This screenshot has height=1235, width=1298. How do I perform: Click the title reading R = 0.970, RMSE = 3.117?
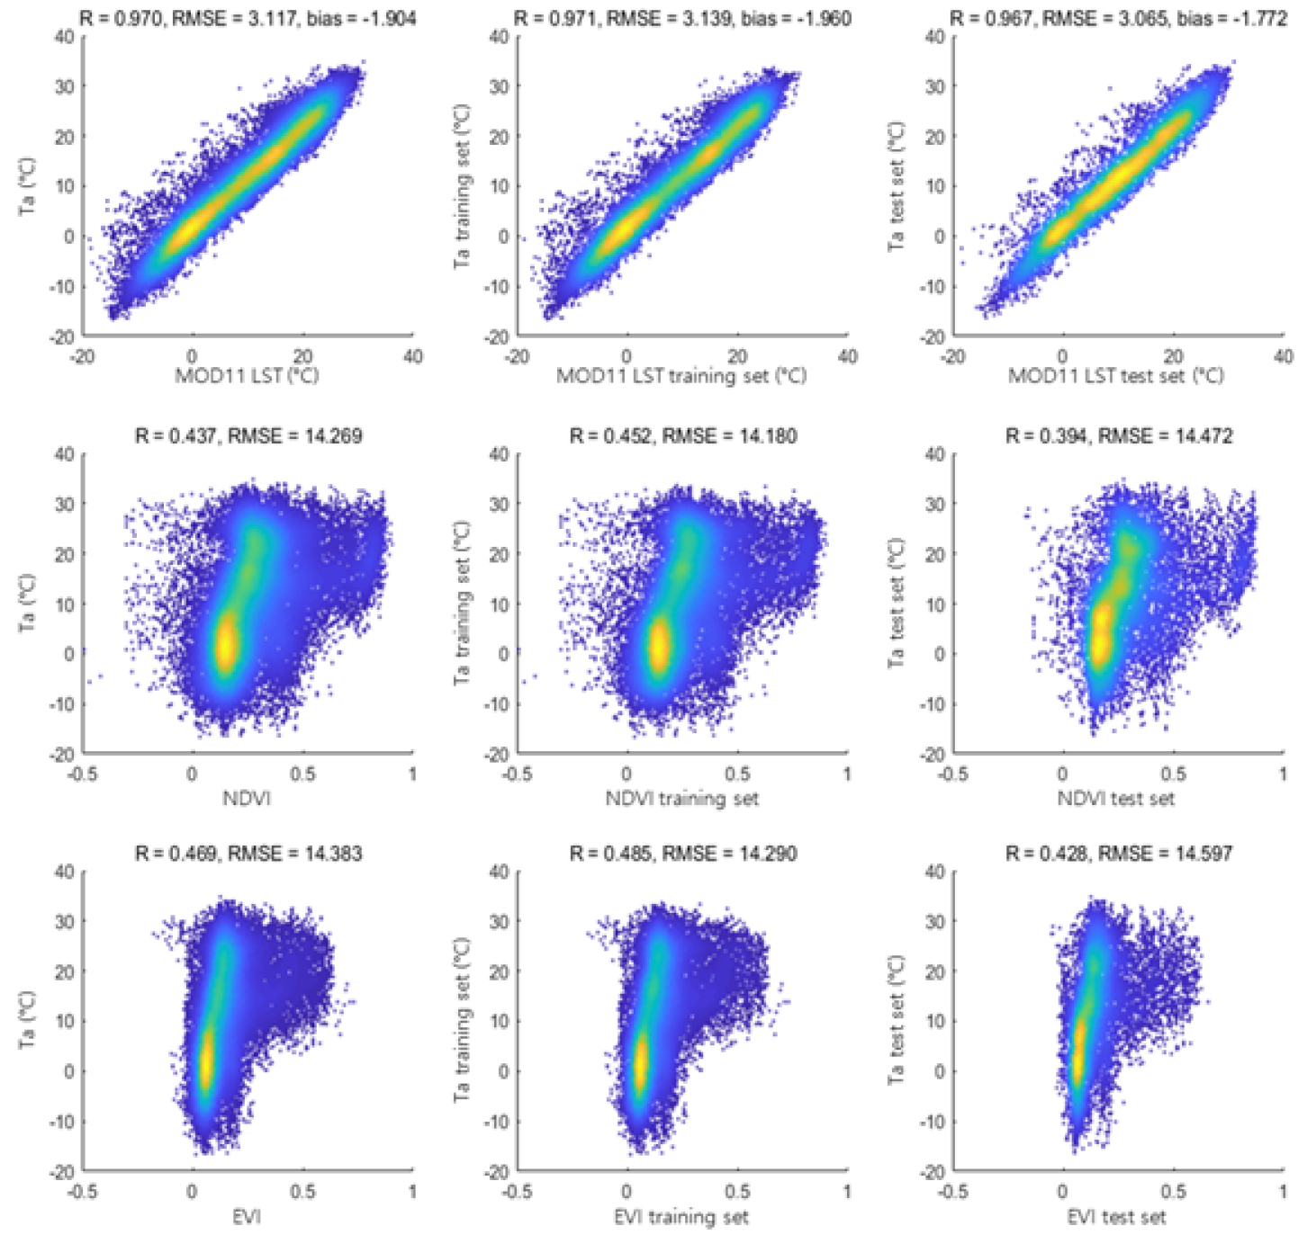[248, 18]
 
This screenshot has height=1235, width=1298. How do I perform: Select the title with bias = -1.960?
[682, 18]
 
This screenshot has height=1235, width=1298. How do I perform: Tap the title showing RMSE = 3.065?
[1119, 18]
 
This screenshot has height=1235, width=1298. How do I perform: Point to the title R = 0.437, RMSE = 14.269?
[248, 436]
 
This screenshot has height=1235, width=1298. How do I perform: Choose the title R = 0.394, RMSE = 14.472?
[1119, 436]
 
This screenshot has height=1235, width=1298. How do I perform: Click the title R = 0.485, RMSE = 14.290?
[682, 853]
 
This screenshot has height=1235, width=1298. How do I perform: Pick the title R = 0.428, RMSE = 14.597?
[1119, 853]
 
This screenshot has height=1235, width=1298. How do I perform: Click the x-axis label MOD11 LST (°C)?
[247, 375]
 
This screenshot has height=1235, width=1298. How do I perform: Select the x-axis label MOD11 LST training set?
[681, 375]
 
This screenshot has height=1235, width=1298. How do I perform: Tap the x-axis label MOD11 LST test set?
[1116, 375]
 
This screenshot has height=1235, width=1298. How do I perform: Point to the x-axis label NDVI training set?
[681, 798]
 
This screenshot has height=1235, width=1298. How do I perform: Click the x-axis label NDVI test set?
[1116, 798]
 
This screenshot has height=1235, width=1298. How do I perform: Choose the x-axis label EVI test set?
[1116, 1217]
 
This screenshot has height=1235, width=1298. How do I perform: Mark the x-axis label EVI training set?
[681, 1217]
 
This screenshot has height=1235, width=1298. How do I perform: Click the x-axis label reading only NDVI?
[247, 798]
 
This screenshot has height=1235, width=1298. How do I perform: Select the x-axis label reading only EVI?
[247, 1217]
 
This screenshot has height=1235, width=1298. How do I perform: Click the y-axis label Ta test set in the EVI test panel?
[896, 1021]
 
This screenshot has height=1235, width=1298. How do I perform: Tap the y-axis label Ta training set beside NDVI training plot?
[462, 603]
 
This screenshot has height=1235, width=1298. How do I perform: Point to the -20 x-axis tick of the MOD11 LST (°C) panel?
[82, 356]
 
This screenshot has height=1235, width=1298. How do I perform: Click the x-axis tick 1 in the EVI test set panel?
[1284, 1192]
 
